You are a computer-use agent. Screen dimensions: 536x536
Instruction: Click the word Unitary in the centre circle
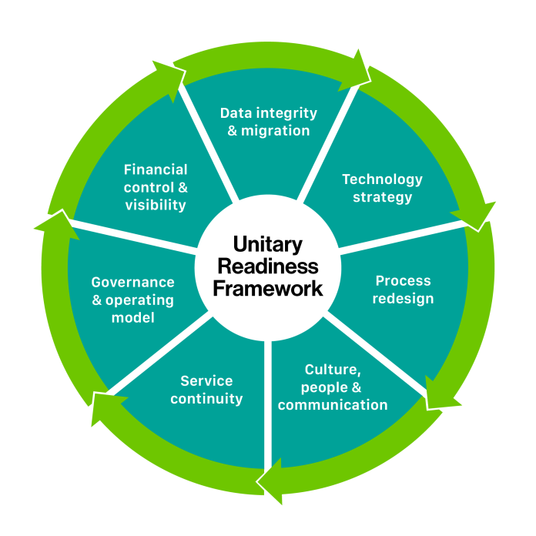pyautogui.click(x=268, y=245)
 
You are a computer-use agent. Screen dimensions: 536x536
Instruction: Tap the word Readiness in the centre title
pyautogui.click(x=268, y=266)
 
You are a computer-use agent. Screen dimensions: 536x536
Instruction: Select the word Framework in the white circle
pyautogui.click(x=268, y=289)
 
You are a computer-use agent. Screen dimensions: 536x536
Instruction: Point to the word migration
pyautogui.click(x=275, y=130)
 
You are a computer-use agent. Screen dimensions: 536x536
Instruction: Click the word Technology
pyautogui.click(x=383, y=179)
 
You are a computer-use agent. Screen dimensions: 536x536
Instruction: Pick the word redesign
pyautogui.click(x=403, y=298)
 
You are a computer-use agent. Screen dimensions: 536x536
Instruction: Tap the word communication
pyautogui.click(x=333, y=405)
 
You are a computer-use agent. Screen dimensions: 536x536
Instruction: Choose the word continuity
pyautogui.click(x=206, y=398)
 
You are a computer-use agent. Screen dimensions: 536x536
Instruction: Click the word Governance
pyautogui.click(x=132, y=282)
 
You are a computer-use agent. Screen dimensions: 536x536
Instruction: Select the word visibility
pyautogui.click(x=156, y=205)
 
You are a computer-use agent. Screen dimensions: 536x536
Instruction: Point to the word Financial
pyautogui.click(x=156, y=169)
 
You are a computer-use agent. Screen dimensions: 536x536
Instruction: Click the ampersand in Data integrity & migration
pyautogui.click(x=233, y=130)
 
